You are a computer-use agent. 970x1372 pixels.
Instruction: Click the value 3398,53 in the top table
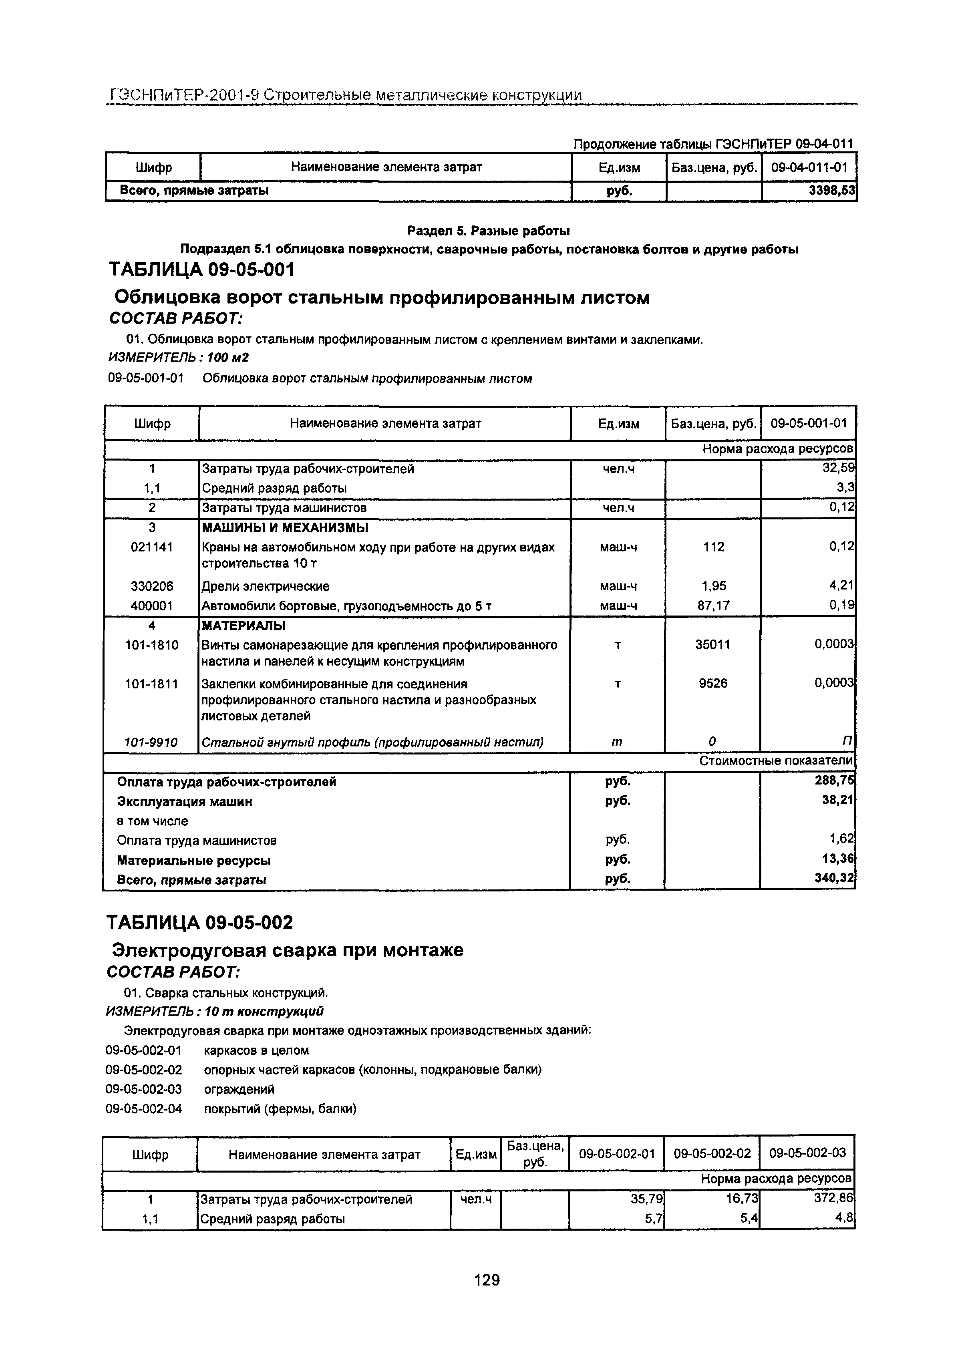click(x=832, y=191)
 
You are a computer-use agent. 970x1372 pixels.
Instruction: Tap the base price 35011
click(x=713, y=645)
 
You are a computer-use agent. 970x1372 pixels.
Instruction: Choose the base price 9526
click(x=713, y=683)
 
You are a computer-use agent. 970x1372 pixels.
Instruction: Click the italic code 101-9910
click(x=151, y=742)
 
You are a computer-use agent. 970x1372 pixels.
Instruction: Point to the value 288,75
click(x=835, y=781)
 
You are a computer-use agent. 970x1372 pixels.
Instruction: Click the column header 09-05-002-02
click(x=712, y=1154)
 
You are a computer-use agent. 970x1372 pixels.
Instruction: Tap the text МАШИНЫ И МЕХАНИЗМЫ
click(x=284, y=528)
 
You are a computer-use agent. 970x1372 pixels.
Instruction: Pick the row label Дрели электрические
click(x=266, y=586)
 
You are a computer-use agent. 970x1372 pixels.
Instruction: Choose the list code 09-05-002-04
click(x=143, y=1109)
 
